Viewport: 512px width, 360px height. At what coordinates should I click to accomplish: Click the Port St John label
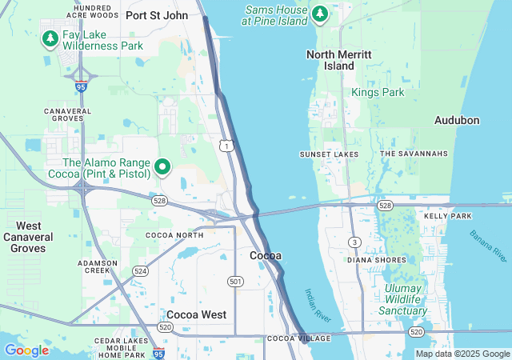157,14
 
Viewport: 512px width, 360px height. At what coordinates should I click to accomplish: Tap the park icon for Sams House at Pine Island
320,14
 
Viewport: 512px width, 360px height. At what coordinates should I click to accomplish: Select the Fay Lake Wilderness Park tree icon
50,37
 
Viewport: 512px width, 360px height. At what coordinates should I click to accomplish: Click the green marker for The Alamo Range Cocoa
163,166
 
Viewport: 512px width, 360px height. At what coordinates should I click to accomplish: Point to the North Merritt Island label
339,60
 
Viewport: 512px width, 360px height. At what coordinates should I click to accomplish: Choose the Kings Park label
378,93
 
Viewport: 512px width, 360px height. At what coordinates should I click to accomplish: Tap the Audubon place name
457,120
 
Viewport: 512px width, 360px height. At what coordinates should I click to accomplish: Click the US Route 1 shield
228,146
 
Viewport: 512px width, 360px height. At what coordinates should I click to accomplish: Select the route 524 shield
141,270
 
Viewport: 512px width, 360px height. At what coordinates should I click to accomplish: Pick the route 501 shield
235,281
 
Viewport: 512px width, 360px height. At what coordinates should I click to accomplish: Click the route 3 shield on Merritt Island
354,242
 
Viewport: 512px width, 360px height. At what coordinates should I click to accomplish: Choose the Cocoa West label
196,314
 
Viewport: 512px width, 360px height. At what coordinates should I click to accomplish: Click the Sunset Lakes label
329,154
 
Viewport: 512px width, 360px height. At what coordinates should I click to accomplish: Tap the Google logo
26,350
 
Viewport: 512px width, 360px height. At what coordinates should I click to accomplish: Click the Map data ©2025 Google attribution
462,354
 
